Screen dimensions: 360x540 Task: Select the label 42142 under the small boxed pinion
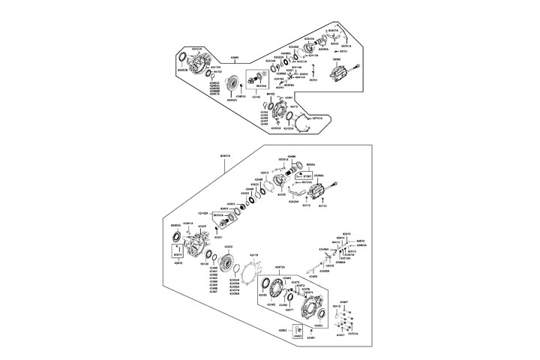(x=256, y=97)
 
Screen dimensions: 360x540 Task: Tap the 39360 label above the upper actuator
(x=358, y=58)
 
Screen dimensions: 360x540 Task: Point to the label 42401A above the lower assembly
(x=225, y=156)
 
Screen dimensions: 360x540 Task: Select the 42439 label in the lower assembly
(x=202, y=226)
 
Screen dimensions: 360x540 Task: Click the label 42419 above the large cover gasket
(x=254, y=255)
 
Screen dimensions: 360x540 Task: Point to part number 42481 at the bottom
(x=309, y=338)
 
